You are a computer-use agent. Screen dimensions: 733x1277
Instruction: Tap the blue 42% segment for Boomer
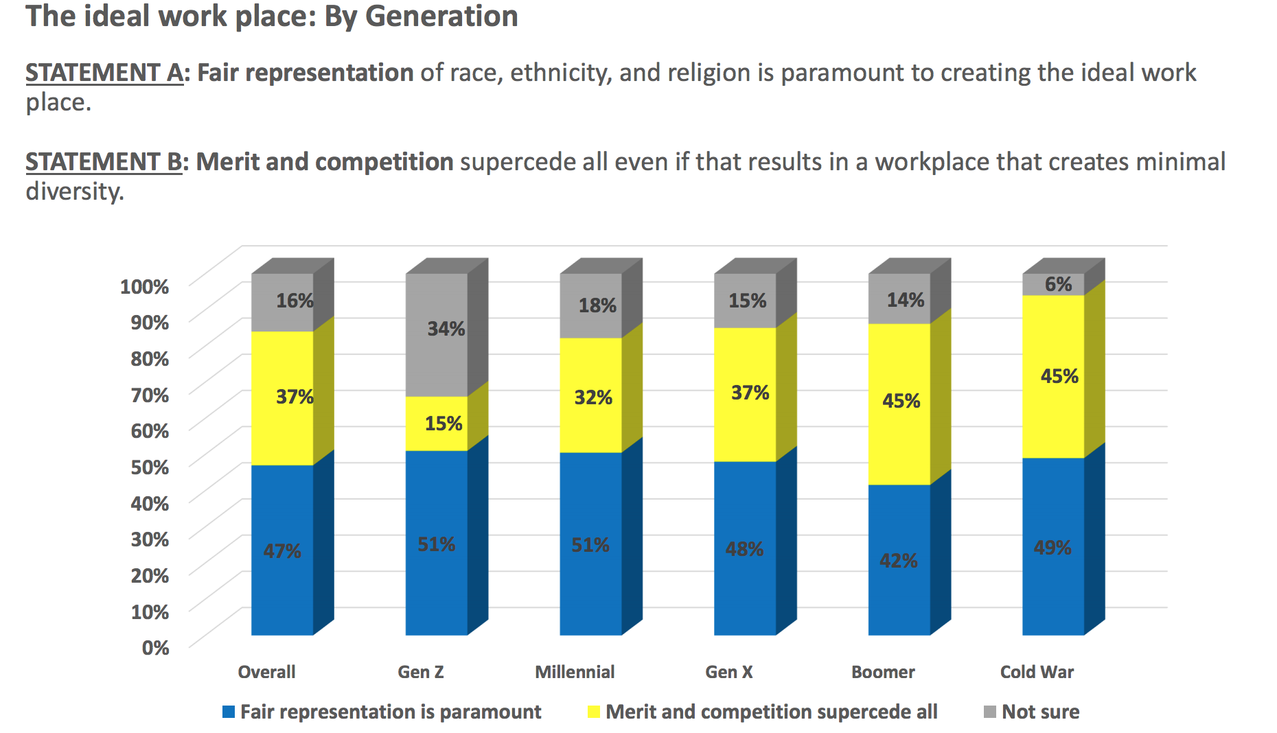coord(899,560)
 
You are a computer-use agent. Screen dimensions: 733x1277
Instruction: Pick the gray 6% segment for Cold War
coord(1053,284)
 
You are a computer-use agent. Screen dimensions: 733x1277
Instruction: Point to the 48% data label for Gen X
coord(745,549)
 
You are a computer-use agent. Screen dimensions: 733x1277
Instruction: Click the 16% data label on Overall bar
coord(295,301)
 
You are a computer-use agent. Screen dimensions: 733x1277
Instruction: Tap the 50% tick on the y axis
coord(150,467)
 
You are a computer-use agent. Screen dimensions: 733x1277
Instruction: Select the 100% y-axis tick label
coord(144,286)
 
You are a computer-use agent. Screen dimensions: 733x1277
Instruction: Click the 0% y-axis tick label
coord(155,648)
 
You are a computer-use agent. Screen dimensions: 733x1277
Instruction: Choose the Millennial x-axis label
coord(575,672)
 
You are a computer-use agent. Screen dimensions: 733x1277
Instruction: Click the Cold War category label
coord(1037,672)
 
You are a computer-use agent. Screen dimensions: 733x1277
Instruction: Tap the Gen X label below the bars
coord(729,672)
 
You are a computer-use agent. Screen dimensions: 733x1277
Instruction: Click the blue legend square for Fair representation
coord(229,712)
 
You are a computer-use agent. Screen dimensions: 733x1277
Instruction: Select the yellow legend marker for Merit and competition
coord(594,712)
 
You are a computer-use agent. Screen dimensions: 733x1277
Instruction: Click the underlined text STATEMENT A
coord(104,73)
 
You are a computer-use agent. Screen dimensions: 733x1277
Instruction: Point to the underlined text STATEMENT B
coord(104,162)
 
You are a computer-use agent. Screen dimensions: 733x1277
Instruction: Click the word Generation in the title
coord(441,16)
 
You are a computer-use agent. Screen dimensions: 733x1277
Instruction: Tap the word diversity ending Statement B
coord(74,191)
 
